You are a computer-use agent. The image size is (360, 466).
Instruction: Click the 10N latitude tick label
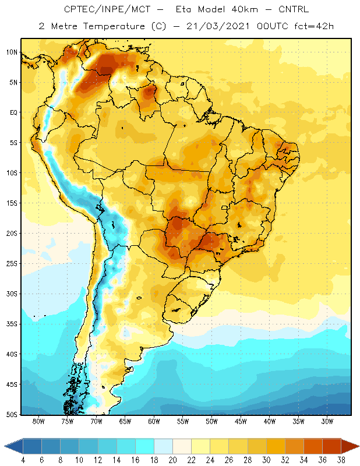(12, 52)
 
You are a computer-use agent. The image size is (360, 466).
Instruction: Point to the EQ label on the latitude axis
(14, 112)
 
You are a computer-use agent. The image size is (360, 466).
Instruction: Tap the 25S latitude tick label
(12, 264)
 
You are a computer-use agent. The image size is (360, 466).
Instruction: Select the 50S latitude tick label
(12, 415)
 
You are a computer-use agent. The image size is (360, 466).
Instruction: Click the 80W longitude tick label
(38, 421)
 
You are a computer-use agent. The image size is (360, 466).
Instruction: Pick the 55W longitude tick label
(183, 421)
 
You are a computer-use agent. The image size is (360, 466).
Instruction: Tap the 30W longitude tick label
(327, 421)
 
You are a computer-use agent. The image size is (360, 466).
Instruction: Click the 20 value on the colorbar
(172, 460)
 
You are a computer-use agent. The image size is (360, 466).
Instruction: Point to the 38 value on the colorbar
(341, 460)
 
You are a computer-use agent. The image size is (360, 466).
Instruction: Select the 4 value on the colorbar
(23, 460)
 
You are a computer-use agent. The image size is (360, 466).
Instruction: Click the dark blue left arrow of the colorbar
(13, 446)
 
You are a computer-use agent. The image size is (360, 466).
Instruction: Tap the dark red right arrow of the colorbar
(350, 446)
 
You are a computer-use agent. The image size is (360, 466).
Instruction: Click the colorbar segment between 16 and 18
(145, 446)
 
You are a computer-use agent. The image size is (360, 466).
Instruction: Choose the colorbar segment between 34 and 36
(313, 446)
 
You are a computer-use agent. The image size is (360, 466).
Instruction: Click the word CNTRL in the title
(294, 9)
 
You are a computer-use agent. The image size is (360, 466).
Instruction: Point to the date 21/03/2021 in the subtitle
(218, 26)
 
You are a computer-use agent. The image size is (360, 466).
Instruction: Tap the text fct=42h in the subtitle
(314, 26)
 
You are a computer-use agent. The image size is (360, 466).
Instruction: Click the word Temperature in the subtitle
(114, 26)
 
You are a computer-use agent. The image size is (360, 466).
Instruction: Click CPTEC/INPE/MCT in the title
(107, 9)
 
